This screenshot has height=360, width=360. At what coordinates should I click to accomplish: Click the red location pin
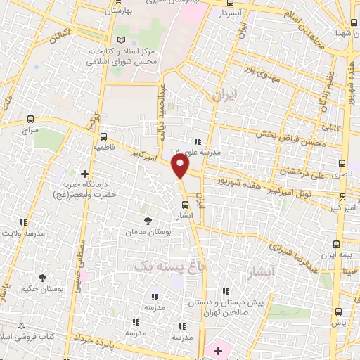point(181,167)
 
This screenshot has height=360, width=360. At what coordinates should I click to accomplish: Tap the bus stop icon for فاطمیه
point(104,137)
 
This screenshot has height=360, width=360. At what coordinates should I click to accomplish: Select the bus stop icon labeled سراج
point(30,120)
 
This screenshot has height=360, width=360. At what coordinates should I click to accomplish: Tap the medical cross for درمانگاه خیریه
point(84,173)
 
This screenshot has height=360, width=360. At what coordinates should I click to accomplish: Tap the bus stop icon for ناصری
point(338,161)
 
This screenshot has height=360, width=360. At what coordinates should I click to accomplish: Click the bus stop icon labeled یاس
point(338,310)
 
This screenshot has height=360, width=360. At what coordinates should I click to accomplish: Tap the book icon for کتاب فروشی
point(20,326)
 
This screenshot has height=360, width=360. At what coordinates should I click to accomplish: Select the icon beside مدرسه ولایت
point(25,221)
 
